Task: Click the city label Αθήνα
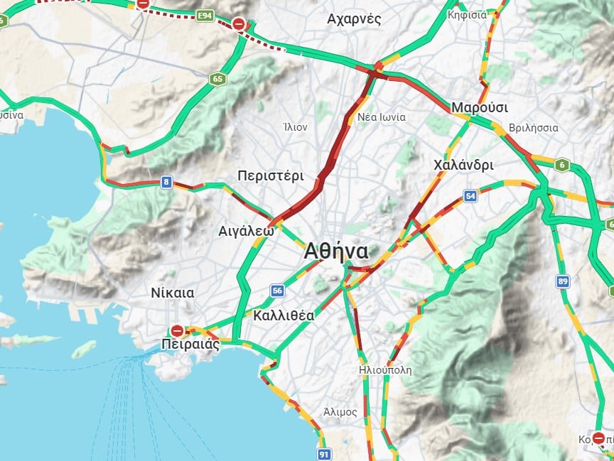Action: pyautogui.click(x=336, y=251)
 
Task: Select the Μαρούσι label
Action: pyautogui.click(x=480, y=107)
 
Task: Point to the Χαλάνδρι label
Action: pyautogui.click(x=463, y=165)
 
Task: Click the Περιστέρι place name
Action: pyautogui.click(x=271, y=176)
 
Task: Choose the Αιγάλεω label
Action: pyautogui.click(x=247, y=231)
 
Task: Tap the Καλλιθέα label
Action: pyautogui.click(x=283, y=315)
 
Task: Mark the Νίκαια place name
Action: pyautogui.click(x=173, y=293)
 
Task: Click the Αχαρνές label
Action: pyautogui.click(x=354, y=19)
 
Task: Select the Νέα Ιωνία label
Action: pyautogui.click(x=382, y=117)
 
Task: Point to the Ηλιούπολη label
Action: pyautogui.click(x=385, y=370)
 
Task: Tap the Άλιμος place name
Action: pyautogui.click(x=340, y=411)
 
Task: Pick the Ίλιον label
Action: pyautogui.click(x=295, y=128)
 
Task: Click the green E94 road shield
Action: pyautogui.click(x=206, y=16)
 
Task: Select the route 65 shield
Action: pyautogui.click(x=217, y=79)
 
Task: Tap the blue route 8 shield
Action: pyautogui.click(x=166, y=183)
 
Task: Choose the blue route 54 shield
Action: pyautogui.click(x=470, y=196)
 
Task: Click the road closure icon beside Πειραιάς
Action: pyautogui.click(x=177, y=331)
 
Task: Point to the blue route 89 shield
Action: pyautogui.click(x=564, y=282)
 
